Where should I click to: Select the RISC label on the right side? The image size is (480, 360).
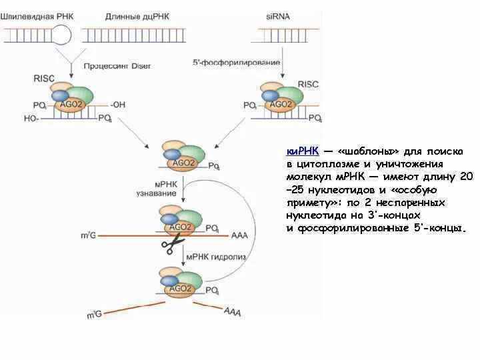(309, 84)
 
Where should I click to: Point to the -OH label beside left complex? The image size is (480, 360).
(118, 104)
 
